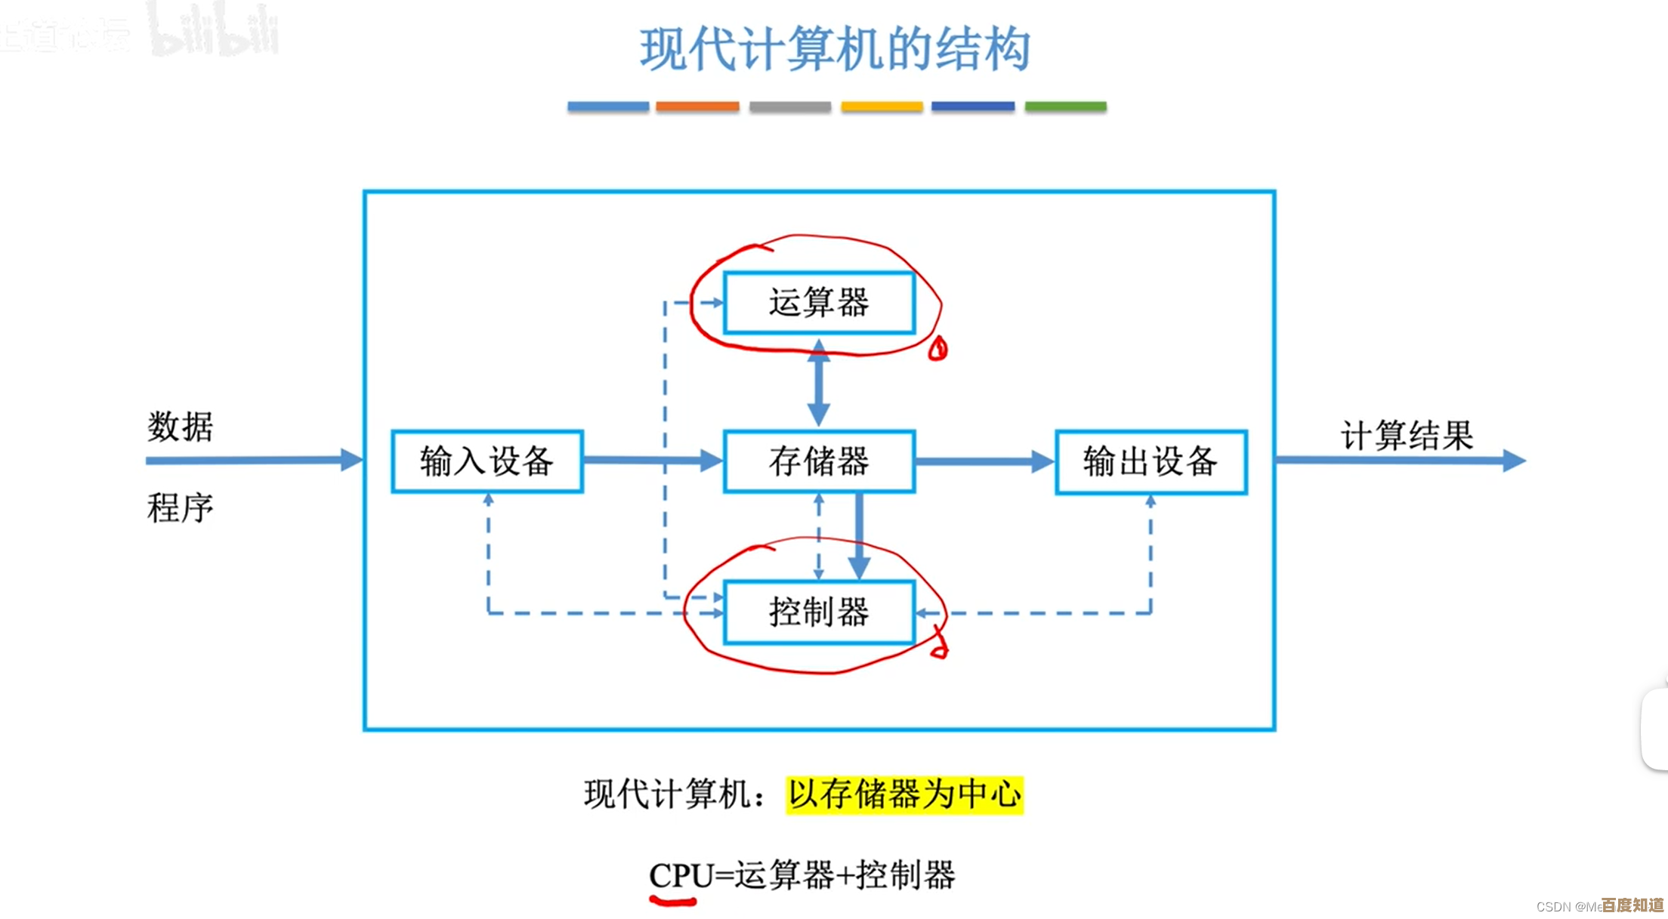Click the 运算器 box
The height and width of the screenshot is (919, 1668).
[x=819, y=303]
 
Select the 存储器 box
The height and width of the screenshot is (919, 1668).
[x=819, y=461]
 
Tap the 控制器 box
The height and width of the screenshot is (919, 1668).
[x=819, y=612]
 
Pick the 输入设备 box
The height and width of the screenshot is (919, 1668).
[x=487, y=461]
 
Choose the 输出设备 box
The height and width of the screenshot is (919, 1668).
[x=1151, y=461]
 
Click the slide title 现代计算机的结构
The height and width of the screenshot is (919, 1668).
[x=835, y=50]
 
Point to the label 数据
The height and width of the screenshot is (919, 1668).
[x=180, y=427]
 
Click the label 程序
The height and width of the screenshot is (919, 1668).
[x=180, y=507]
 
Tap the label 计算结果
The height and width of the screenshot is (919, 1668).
[x=1407, y=436]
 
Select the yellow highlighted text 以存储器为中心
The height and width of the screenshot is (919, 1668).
[x=904, y=795]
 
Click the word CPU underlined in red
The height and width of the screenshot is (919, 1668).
[x=681, y=876]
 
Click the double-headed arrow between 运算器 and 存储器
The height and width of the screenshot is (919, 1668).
[x=819, y=383]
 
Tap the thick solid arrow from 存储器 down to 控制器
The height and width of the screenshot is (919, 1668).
[x=859, y=536]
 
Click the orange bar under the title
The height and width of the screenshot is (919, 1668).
[x=697, y=106]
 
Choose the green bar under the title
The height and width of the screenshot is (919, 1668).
[x=1065, y=106]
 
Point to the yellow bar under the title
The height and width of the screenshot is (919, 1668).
[x=882, y=106]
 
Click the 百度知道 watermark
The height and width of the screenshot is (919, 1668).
[x=1632, y=905]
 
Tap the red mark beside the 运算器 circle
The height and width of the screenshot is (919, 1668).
[x=938, y=349]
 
